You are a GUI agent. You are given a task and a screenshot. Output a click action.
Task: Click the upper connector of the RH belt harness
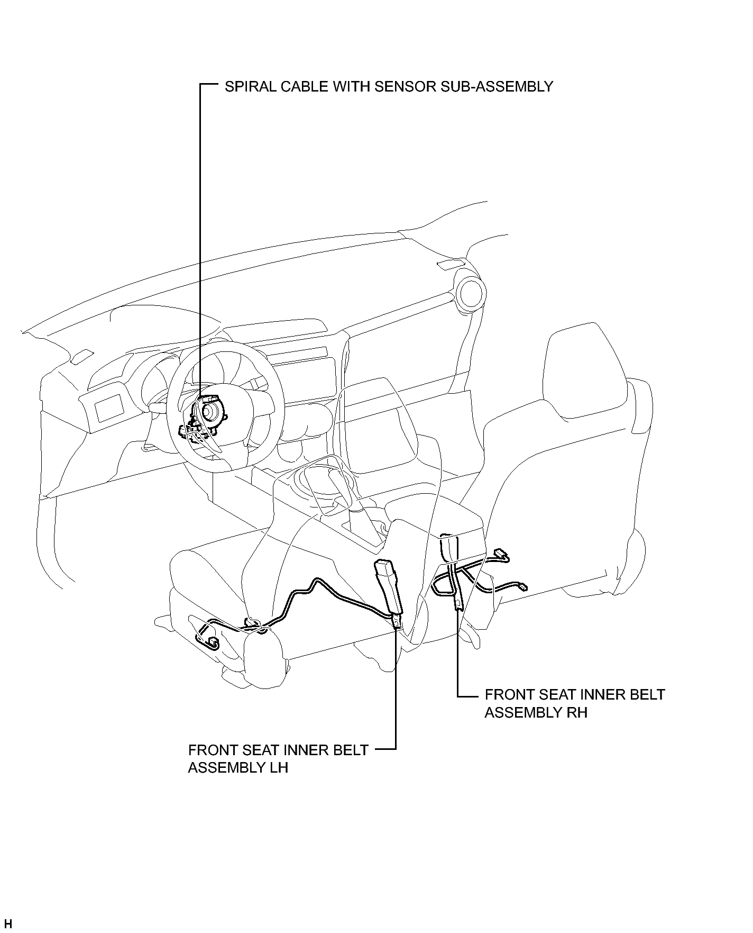tap(501, 555)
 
